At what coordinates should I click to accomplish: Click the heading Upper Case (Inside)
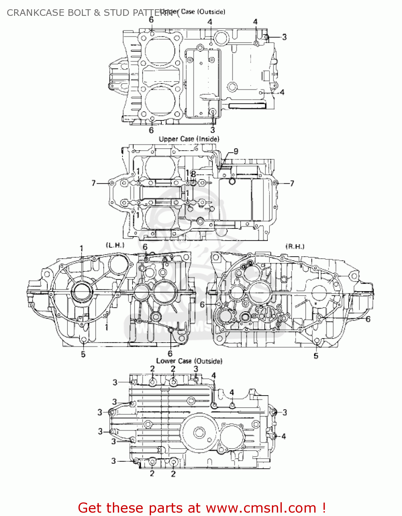pos(189,139)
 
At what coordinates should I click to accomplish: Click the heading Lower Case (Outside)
pos(189,361)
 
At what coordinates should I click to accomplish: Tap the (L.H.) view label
pos(115,245)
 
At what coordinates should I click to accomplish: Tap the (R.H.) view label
pos(295,246)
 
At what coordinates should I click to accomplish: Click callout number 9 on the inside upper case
pos(236,151)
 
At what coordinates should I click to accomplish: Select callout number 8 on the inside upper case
pos(193,174)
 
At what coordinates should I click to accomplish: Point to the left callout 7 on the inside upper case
pos(94,183)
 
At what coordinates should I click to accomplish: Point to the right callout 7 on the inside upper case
pos(292,183)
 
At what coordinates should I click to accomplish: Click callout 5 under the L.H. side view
pos(83,354)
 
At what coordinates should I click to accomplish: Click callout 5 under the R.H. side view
pos(316,356)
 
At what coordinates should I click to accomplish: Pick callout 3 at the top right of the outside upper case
pos(284,37)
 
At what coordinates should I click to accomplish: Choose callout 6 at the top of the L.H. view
pos(145,247)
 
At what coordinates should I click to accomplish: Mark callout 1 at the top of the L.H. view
pos(82,248)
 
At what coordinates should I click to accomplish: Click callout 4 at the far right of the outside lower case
pos(284,436)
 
